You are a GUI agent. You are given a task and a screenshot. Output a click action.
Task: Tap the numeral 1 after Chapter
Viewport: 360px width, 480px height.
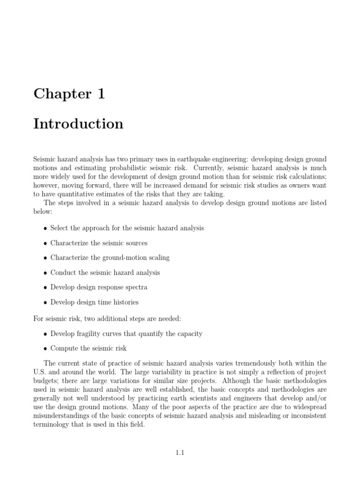101,94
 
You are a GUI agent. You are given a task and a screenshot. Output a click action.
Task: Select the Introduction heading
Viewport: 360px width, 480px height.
78,124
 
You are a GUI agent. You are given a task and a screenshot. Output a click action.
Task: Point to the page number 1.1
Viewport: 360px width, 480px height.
180,453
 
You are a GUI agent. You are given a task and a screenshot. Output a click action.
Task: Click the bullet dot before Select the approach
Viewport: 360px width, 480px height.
45,229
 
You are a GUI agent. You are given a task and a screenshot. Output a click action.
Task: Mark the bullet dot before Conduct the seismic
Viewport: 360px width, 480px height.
45,273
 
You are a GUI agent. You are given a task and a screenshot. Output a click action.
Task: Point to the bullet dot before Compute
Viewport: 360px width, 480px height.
45,349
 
